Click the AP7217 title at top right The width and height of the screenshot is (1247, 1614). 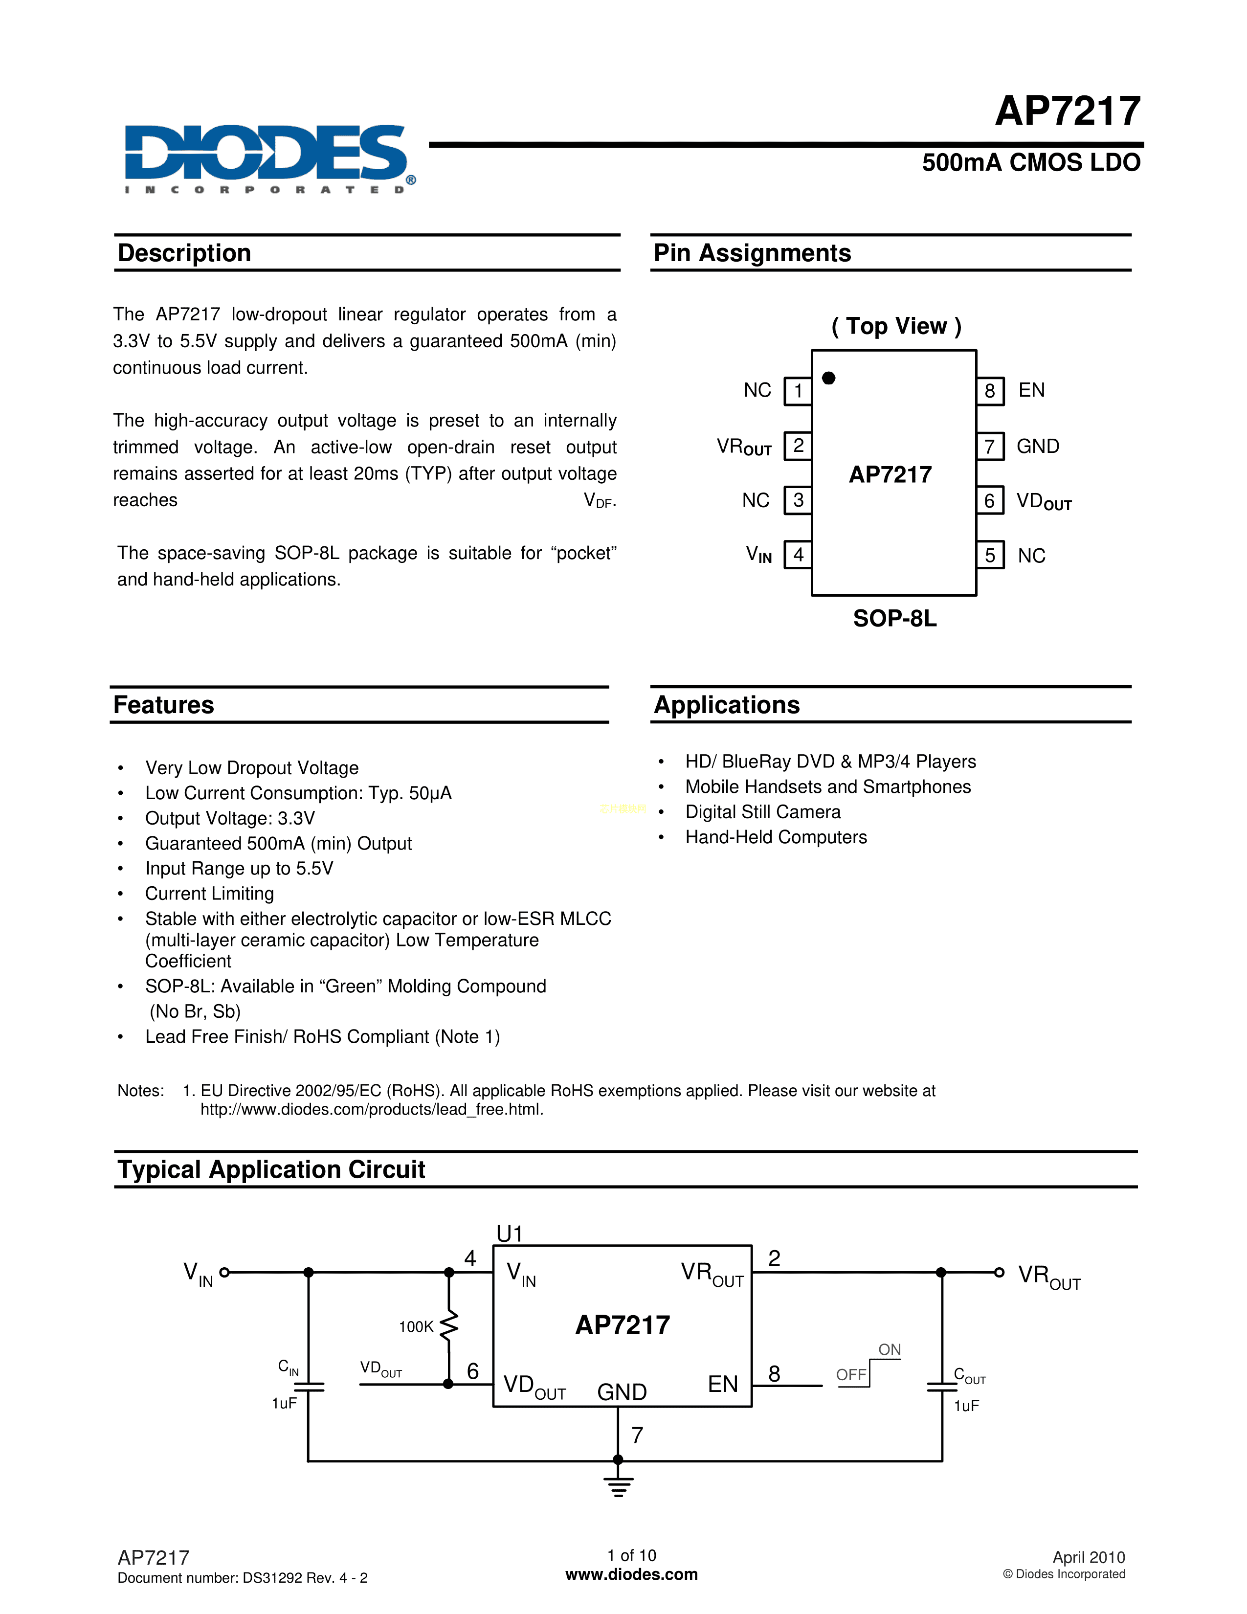[x=1068, y=111]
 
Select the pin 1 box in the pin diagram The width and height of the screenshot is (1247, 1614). [x=798, y=391]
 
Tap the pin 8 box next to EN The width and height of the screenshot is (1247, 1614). [x=990, y=391]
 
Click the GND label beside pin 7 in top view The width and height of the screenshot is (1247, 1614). [x=1038, y=447]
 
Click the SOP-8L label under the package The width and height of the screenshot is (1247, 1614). [x=894, y=619]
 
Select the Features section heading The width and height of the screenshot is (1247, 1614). [x=164, y=705]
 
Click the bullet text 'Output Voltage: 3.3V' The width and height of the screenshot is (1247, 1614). [x=230, y=818]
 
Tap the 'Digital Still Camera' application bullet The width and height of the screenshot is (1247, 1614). [x=763, y=812]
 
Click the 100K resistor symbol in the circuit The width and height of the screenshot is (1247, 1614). [x=449, y=1326]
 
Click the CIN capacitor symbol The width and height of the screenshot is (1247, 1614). [x=309, y=1387]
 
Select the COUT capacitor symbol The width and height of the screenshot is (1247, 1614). [x=942, y=1387]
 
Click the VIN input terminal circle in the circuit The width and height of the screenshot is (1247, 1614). [x=224, y=1273]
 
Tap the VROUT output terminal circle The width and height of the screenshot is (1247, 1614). [x=999, y=1273]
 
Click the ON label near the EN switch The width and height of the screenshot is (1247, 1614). [x=890, y=1349]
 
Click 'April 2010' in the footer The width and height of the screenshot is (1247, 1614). [x=1089, y=1557]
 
